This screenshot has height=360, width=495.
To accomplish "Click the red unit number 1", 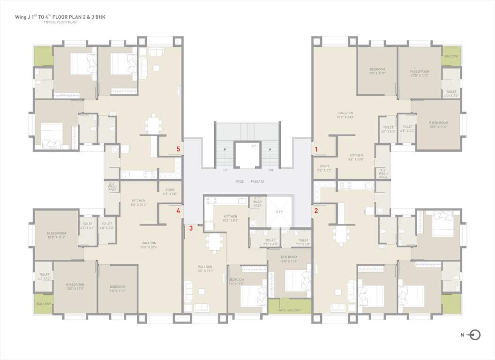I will point(316,150).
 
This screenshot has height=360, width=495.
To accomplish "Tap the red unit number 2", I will point(316,210).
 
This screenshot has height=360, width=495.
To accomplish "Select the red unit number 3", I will point(191,228).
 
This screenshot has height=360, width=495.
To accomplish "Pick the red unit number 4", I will point(178,211).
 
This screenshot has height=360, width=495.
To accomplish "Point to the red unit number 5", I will point(178,149).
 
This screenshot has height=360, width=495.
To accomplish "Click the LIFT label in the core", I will point(255,146).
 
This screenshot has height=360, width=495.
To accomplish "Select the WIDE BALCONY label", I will point(289,310).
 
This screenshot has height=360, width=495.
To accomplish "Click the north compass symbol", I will point(474,335).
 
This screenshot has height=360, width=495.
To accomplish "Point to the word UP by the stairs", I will point(225,170).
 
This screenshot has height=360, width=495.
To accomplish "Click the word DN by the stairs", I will point(270,170).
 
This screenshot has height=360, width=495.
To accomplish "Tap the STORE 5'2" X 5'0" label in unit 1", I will point(324,168).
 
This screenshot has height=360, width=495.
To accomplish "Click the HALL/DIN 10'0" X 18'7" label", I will point(205,268).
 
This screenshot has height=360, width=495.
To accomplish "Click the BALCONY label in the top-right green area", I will point(452,56).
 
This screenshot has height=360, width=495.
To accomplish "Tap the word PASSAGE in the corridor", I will point(257,181).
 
